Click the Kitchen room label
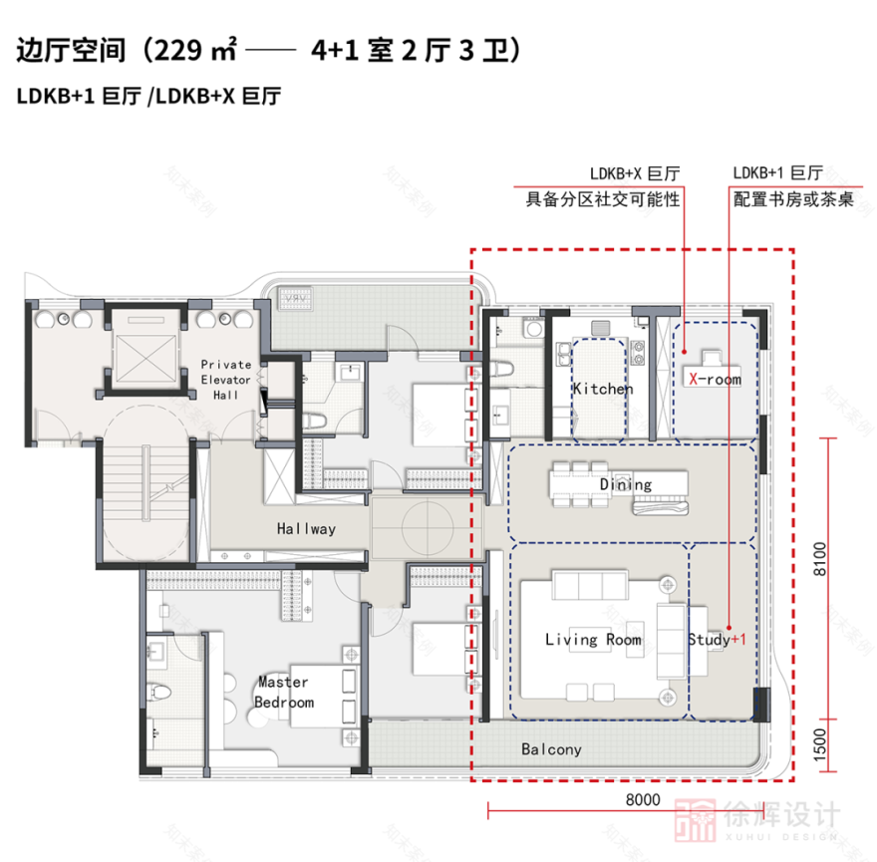602,389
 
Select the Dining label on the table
625,485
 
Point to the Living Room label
593,639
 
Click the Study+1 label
716,639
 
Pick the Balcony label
551,748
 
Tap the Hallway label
306,529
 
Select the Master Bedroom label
283,693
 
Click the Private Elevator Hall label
225,380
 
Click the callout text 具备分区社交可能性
603,199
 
